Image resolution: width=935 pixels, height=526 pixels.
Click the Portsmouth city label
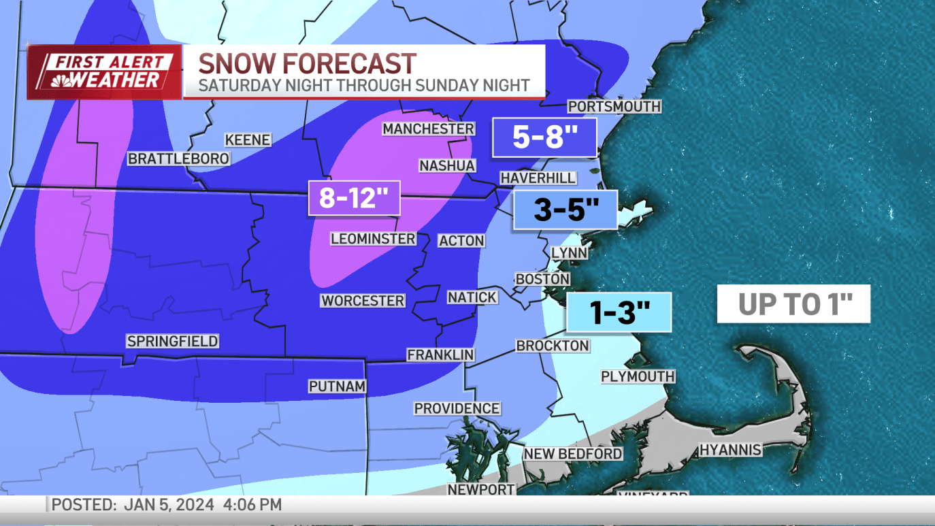point(614,107)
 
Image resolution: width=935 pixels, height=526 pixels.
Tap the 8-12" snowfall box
point(353,198)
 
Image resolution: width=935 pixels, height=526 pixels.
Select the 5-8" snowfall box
point(544,138)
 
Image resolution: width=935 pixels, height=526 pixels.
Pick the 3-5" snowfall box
point(565,210)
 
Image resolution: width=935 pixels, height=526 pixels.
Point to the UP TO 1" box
point(793,304)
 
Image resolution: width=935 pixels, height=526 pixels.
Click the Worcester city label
point(363,301)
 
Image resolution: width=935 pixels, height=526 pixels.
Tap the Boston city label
point(542,279)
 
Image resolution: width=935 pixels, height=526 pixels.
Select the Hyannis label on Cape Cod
point(730,450)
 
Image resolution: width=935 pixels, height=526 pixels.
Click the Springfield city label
point(173,342)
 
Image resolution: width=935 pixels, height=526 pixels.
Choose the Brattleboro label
point(179,159)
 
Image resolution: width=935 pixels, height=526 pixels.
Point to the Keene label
point(248,140)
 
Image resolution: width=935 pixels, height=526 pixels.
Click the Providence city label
point(457,408)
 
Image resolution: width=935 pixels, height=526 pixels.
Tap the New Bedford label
point(572,453)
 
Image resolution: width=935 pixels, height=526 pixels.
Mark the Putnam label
point(338,387)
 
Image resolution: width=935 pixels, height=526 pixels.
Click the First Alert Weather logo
point(105,72)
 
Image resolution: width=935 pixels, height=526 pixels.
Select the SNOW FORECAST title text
point(307,64)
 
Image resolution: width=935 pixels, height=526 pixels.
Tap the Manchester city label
point(428,129)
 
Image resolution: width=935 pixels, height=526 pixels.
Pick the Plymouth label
point(638,376)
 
